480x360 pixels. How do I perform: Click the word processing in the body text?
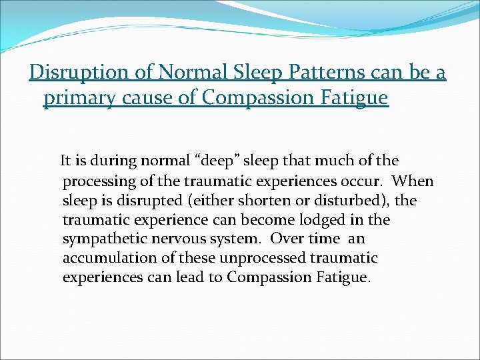point(98,181)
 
